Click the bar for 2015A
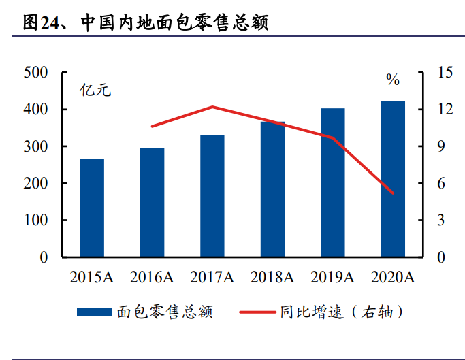click(x=92, y=208)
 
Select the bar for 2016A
click(x=153, y=203)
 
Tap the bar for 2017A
click(x=212, y=196)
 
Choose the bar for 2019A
click(x=333, y=183)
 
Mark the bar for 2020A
click(x=393, y=179)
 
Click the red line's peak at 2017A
click(x=212, y=107)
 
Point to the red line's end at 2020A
click(x=393, y=193)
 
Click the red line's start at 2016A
click(x=153, y=127)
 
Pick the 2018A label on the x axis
click(x=272, y=277)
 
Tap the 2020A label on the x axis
click(x=393, y=277)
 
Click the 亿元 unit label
click(x=95, y=90)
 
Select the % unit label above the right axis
click(x=393, y=80)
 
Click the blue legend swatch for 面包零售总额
click(x=94, y=312)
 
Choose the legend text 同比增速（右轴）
click(x=341, y=312)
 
